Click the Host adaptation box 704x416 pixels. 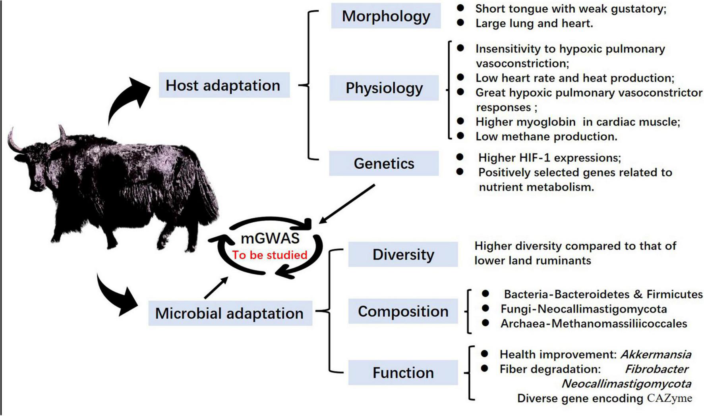pos(224,85)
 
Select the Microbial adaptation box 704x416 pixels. pos(230,313)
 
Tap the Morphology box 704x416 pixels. pos(386,16)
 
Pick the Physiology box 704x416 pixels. pos(384,88)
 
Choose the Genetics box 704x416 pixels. pos(384,163)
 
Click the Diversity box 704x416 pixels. pos(403,254)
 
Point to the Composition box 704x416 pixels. pos(403,312)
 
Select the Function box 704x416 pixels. pos(403,373)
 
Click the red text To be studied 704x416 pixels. pos(270,255)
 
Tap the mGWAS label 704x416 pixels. pos(270,238)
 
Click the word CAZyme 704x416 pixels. pos(669,398)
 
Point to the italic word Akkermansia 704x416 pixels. pos(656,354)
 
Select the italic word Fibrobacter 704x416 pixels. pos(656,369)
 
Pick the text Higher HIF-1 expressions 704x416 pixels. pos(549,158)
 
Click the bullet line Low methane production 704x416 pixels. pos(546,137)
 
